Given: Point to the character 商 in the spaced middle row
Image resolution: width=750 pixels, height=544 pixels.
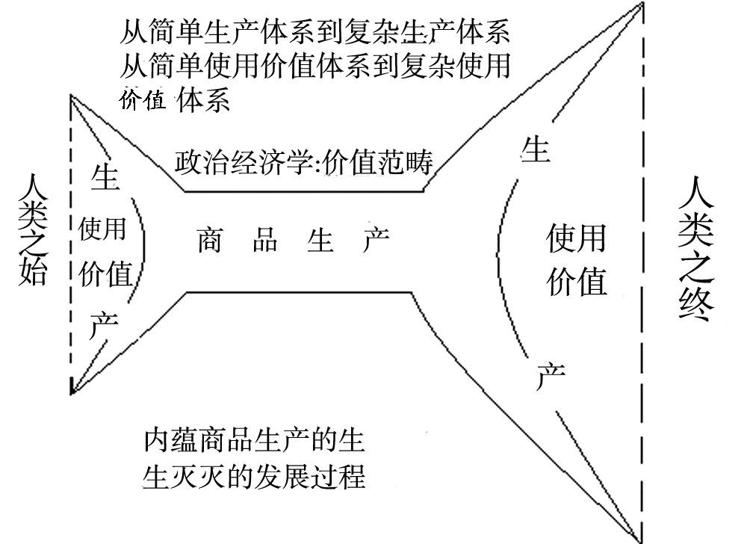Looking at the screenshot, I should coord(210,240).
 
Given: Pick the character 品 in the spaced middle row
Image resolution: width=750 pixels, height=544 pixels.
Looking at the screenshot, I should coord(264,240).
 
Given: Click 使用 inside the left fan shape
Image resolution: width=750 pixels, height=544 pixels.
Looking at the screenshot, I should coord(102,229).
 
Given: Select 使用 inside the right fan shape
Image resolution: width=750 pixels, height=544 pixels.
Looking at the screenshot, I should coord(575,238).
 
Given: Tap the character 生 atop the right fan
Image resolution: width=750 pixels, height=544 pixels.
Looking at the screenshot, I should coord(535,149).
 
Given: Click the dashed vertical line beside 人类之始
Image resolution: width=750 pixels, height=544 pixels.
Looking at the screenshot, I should coord(71,247).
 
